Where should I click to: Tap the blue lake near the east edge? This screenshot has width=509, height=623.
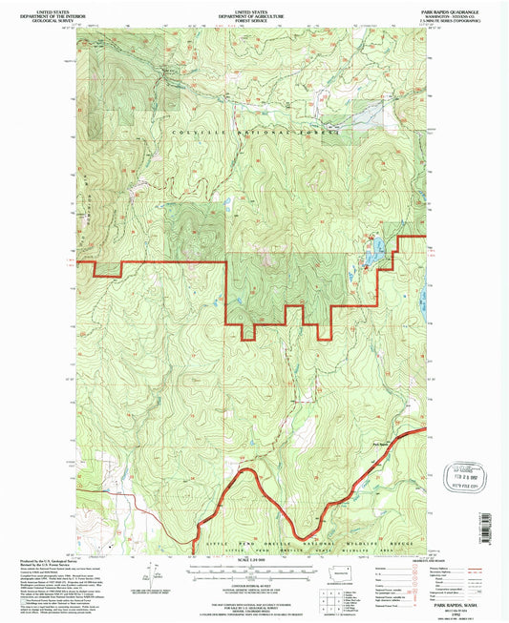coord(375,250)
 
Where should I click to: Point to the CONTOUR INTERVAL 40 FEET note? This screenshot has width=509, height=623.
coord(252,583)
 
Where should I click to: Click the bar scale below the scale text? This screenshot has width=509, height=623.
coord(252,570)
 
